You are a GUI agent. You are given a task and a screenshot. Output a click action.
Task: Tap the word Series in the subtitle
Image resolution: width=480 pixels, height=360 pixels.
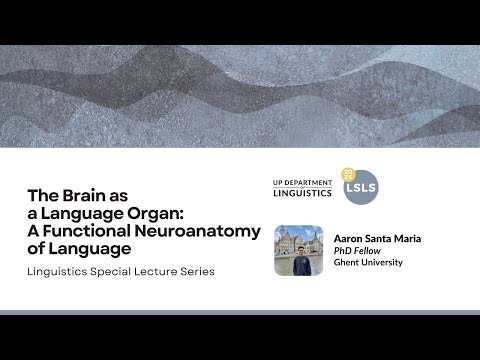pyautogui.click(x=199, y=272)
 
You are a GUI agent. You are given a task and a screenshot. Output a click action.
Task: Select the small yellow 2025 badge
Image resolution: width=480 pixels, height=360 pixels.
pyautogui.click(x=348, y=173)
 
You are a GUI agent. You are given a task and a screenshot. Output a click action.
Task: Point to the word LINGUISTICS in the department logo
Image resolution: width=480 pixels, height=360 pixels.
pyautogui.click(x=303, y=193)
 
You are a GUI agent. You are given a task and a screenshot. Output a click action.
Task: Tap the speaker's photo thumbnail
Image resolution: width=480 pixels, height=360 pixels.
pyautogui.click(x=298, y=249)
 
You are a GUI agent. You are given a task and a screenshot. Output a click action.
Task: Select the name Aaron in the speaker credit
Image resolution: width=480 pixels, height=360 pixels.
pyautogui.click(x=350, y=239)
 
